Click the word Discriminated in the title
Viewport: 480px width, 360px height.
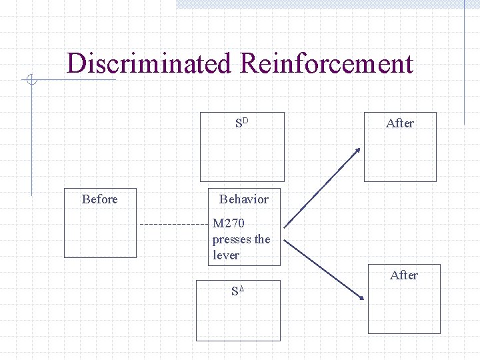pos(150,64)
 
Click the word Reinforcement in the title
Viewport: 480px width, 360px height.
pos(326,64)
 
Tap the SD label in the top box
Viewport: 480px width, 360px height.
pos(241,123)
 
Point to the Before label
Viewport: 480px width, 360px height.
pos(99,199)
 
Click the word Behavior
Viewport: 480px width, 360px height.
pos(243,199)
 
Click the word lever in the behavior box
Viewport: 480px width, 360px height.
pos(226,255)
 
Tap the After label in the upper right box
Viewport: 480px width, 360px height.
pos(400,123)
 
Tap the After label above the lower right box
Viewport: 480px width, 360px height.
pos(404,275)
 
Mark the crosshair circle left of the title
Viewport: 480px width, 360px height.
pos(31,81)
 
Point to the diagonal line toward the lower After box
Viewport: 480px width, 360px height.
pos(323,267)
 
